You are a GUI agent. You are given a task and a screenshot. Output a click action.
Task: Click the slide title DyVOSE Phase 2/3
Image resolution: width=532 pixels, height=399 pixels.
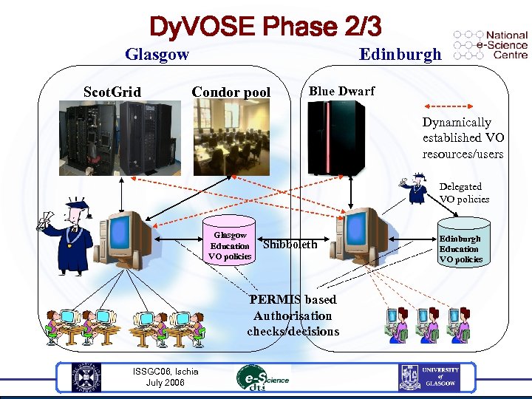pyautogui.click(x=265, y=27)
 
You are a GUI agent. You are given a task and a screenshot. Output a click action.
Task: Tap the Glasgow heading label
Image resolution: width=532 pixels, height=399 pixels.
pyautogui.click(x=157, y=54)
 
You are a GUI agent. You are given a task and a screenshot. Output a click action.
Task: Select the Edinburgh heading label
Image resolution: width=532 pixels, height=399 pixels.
pyautogui.click(x=400, y=54)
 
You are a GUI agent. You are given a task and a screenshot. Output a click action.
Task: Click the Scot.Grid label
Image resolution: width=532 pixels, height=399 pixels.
pyautogui.click(x=112, y=92)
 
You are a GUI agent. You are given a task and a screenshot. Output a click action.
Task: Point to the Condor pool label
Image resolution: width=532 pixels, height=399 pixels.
pyautogui.click(x=231, y=92)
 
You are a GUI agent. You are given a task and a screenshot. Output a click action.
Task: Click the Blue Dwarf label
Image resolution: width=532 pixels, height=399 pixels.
pyautogui.click(x=341, y=91)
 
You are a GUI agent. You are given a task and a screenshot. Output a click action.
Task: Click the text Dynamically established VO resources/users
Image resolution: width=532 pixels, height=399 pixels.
pyautogui.click(x=463, y=138)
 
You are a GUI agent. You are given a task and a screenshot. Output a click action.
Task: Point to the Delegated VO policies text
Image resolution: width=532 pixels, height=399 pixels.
pyautogui.click(x=464, y=192)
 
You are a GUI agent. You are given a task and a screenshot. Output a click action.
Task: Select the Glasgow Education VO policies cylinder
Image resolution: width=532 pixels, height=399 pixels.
pyautogui.click(x=230, y=239)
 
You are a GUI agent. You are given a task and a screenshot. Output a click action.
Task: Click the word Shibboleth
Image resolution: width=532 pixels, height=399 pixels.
pyautogui.click(x=290, y=245)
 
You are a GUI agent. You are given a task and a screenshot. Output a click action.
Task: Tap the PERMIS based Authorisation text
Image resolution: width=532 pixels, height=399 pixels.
pyautogui.click(x=293, y=316)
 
